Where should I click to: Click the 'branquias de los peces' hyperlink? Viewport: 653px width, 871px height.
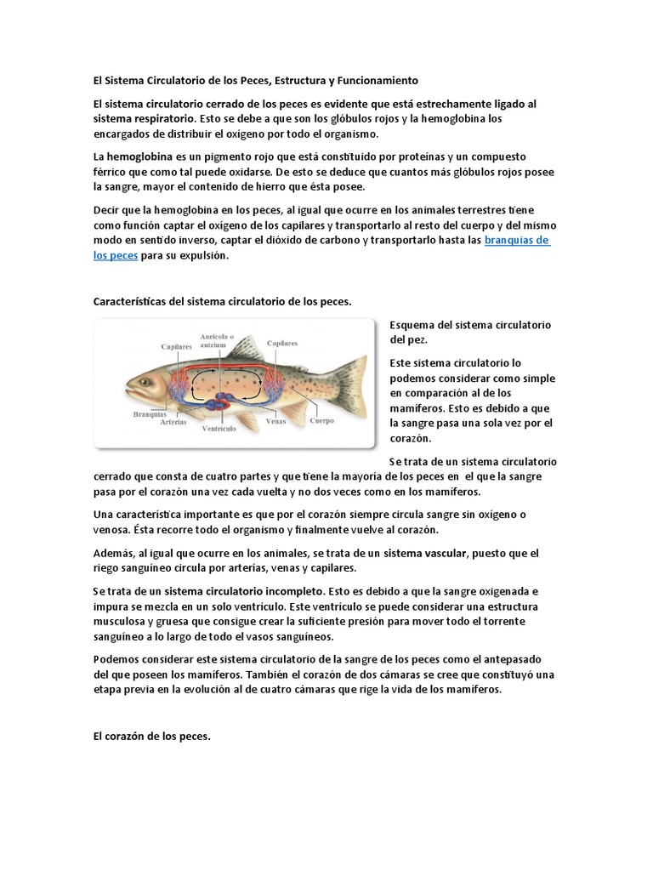[x=517, y=241]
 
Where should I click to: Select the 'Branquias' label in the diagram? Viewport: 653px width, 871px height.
[x=148, y=414]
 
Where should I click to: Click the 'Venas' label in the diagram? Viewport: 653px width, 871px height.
[x=275, y=420]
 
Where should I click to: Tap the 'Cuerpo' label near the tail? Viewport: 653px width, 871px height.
[x=321, y=420]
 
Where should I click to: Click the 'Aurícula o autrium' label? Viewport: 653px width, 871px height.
[x=217, y=340]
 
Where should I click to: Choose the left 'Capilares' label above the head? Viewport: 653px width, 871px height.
[x=177, y=346]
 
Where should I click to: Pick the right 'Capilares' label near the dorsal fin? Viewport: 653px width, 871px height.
[x=282, y=343]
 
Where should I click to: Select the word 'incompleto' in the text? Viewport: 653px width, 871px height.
[x=295, y=589]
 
